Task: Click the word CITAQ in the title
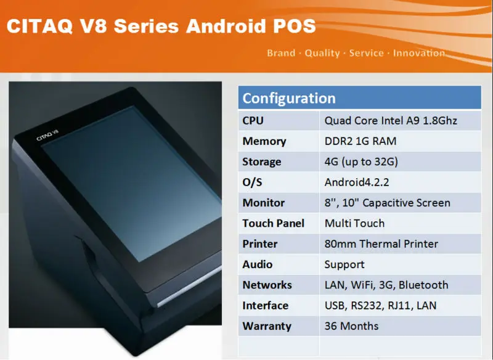coord(40,26)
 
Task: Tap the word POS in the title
coord(295,26)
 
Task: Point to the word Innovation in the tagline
coord(419,53)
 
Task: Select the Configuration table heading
coord(289,98)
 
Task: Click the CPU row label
coord(253,120)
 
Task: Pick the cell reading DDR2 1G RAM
coord(361,141)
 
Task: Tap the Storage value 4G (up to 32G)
coord(361,162)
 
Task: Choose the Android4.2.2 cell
coord(357,182)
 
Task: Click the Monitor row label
coord(264,203)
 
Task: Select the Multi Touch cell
coord(355,223)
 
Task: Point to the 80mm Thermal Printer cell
coord(381,243)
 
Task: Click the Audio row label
coord(257,264)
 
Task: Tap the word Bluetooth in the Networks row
coord(423,285)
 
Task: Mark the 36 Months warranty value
coord(351,326)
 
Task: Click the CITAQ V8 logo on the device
coord(47,135)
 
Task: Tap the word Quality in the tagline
coord(322,53)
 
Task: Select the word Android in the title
coord(226,26)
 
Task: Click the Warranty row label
coord(267,326)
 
